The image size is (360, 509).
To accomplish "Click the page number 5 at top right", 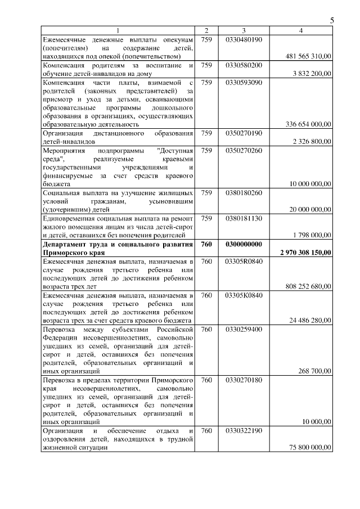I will pos(332,20).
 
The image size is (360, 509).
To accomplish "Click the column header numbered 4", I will pos(301,30).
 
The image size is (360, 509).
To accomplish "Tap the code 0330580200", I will pos(244,66).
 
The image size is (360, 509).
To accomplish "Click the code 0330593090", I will pos(244,82).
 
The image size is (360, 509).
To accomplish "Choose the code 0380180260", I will pos(244,192).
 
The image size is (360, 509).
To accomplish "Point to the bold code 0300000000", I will pos(244,244).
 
